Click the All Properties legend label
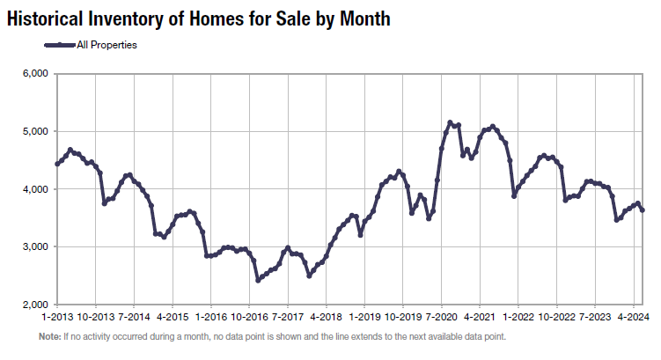pyautogui.click(x=106, y=44)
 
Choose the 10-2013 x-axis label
pyautogui.click(x=95, y=317)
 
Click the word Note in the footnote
pyautogui.click(x=49, y=337)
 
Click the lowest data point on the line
pyautogui.click(x=259, y=281)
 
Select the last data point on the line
pyautogui.click(x=642, y=209)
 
